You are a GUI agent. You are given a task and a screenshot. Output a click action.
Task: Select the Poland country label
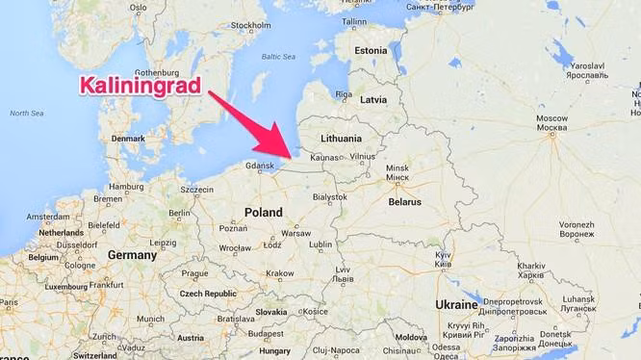point(263,212)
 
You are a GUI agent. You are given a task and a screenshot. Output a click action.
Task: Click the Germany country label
point(131,255)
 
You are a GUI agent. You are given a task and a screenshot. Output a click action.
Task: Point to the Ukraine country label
point(456,304)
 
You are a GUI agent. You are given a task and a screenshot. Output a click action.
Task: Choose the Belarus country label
point(404,202)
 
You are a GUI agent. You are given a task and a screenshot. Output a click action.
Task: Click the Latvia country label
point(372,99)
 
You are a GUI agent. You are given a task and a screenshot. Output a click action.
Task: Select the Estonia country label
point(371,50)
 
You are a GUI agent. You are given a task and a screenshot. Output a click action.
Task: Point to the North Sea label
point(26,114)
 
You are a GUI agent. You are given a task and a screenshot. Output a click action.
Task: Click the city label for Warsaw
point(296,233)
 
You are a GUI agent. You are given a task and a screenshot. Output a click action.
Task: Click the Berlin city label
point(179,213)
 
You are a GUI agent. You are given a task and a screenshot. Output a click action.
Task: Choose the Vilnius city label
point(363,155)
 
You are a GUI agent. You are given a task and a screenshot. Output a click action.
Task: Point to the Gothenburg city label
point(159,72)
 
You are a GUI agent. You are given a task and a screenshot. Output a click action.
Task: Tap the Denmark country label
point(128,138)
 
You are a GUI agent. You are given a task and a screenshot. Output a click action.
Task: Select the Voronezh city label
point(576,227)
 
